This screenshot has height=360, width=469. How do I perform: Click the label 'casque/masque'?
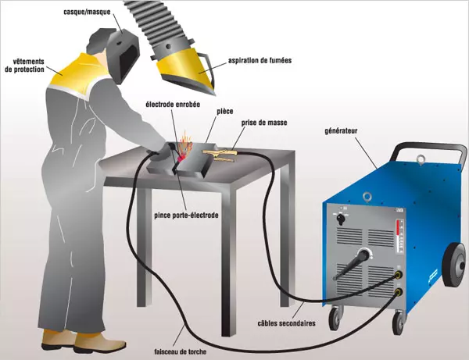coord(87,12)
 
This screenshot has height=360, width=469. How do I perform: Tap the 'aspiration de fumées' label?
coord(260,61)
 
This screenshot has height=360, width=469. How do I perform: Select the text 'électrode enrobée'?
coord(173,105)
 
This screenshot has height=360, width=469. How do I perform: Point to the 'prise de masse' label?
coord(264,123)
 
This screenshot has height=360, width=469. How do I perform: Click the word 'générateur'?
coord(341,131)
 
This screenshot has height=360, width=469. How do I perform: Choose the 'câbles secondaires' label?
coord(287,323)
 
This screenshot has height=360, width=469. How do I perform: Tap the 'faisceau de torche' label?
coord(181,351)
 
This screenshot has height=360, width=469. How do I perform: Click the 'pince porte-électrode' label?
coord(186,215)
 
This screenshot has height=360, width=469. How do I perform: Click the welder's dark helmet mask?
coord(124,55)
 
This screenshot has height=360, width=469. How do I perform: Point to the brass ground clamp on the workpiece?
coord(220,155)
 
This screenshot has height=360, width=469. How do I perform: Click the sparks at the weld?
coord(184,144)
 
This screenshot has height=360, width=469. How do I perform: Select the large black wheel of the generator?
coord(455,265)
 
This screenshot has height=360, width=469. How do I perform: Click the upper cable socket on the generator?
coord(398,274)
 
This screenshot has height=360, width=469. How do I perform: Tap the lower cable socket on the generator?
coord(398,291)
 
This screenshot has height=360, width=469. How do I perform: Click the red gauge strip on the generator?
coord(398,228)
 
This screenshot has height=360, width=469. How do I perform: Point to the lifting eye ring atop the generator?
coord(421,159)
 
